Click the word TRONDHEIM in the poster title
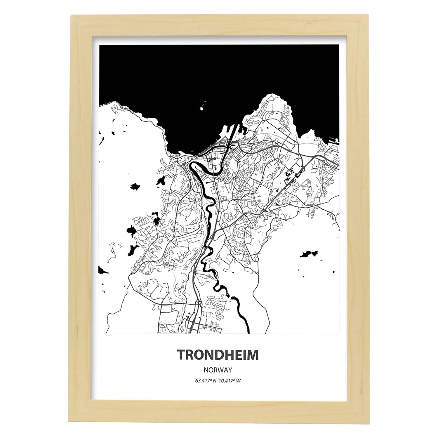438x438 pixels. pyautogui.click(x=218, y=355)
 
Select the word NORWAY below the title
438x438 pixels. pyautogui.click(x=218, y=370)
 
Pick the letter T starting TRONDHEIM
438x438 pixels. pyautogui.click(x=181, y=355)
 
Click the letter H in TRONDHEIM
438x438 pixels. pyautogui.click(x=227, y=355)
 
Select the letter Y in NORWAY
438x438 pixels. pyautogui.click(x=230, y=370)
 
